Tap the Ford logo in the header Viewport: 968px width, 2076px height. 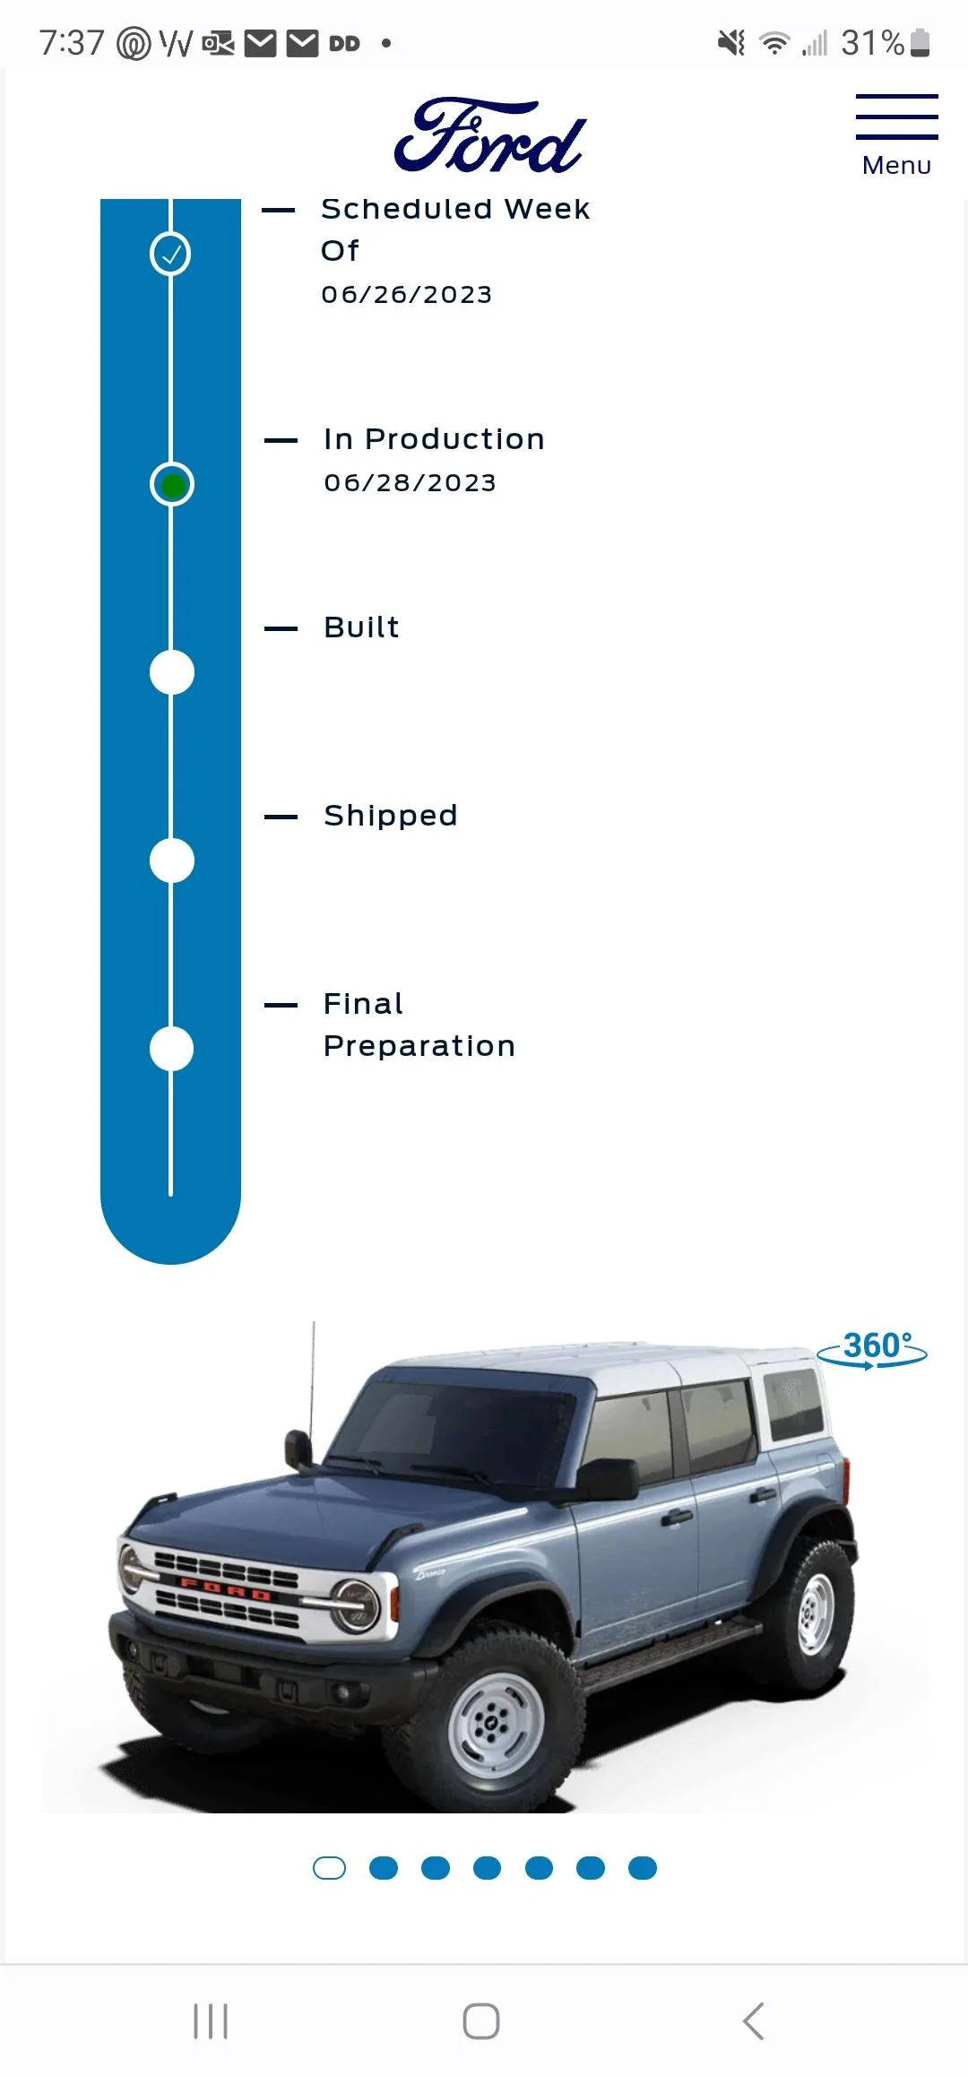pos(489,135)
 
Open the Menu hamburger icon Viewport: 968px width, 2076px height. pos(896,117)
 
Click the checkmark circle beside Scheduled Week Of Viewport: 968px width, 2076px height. pos(171,254)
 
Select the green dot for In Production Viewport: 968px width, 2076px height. pos(172,485)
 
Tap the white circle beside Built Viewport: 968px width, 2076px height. pos(172,672)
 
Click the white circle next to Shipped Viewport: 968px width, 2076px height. pos(172,861)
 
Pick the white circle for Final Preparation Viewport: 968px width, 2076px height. pos(172,1049)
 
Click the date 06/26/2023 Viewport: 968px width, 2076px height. pos(407,295)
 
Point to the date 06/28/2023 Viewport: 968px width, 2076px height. pos(410,483)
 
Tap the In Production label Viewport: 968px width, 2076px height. pos(434,439)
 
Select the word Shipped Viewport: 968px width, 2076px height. pos(390,817)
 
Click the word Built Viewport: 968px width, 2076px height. pos(361,627)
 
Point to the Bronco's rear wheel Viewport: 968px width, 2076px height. pos(813,1613)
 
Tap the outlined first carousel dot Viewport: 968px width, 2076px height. pos(329,1868)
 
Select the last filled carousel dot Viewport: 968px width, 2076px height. pos(643,1868)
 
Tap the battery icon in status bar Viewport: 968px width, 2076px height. pos(920,42)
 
